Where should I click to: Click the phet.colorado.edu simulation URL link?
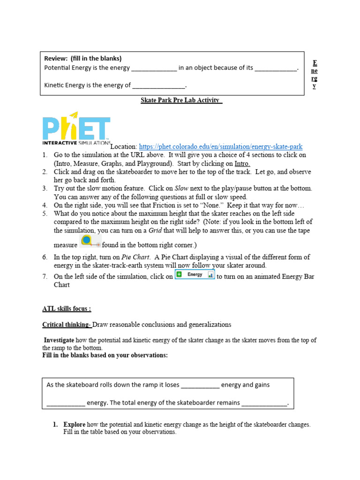[x=218, y=147]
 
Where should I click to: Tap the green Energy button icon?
[x=195, y=275]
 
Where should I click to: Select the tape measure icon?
[x=90, y=241]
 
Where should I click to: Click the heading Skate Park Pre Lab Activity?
[x=181, y=100]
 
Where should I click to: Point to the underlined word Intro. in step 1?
[x=242, y=164]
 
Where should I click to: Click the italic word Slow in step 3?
[x=181, y=188]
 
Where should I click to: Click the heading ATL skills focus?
[x=67, y=308]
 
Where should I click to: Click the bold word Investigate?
[x=59, y=340]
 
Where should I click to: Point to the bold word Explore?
[x=75, y=425]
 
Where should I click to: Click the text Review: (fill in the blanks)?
[x=83, y=59]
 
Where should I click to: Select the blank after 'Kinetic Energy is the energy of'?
[x=159, y=86]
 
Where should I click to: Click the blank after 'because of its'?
[x=276, y=68]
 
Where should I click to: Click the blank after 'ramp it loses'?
[x=200, y=385]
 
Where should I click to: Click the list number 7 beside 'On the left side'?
[x=45, y=277]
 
